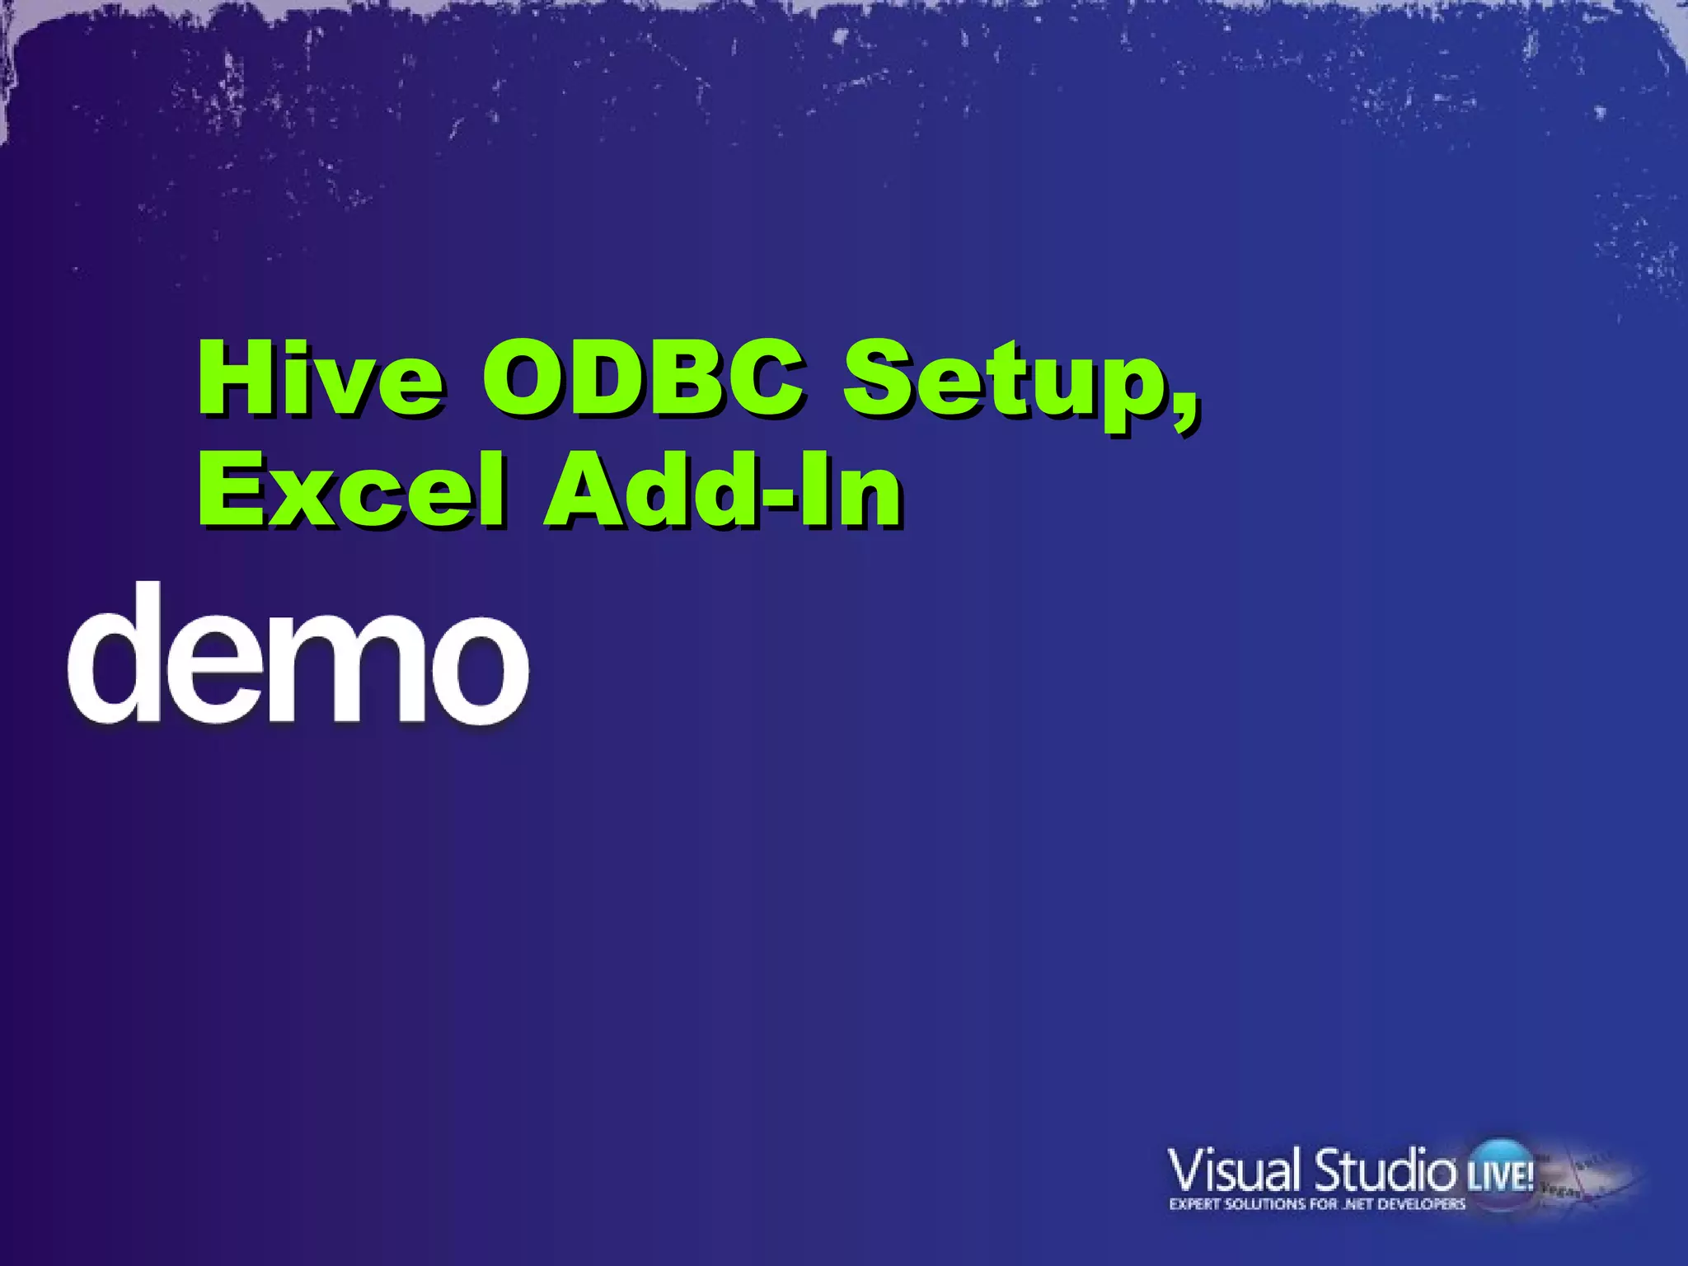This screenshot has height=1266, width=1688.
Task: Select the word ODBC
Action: (x=643, y=378)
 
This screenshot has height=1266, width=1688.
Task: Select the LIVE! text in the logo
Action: (x=1500, y=1175)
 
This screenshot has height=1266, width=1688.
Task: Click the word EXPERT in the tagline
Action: (x=1195, y=1204)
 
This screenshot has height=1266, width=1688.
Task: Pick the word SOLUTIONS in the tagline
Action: (x=1270, y=1204)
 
